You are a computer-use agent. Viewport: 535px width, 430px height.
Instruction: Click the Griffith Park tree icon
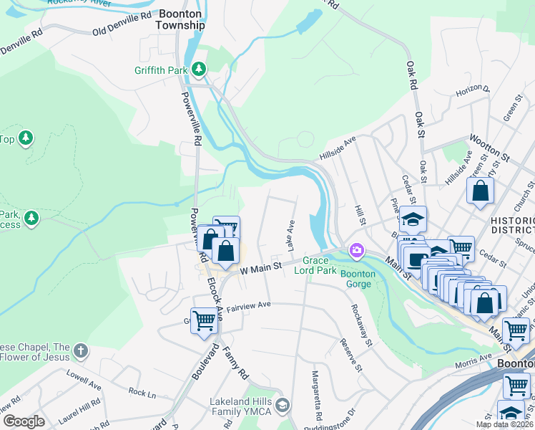click(199, 70)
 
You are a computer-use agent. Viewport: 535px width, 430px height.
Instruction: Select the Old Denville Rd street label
click(122, 24)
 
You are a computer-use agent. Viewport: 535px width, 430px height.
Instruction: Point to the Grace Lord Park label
click(320, 265)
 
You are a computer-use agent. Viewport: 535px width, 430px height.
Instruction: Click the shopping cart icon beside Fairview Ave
click(204, 320)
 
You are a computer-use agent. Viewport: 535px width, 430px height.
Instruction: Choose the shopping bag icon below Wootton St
click(481, 191)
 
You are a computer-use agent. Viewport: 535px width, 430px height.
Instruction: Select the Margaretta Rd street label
click(315, 396)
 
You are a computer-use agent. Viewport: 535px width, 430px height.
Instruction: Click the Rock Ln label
click(142, 392)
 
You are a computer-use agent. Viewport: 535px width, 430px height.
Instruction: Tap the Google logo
click(24, 421)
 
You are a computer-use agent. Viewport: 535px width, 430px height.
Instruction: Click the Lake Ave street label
click(291, 235)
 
